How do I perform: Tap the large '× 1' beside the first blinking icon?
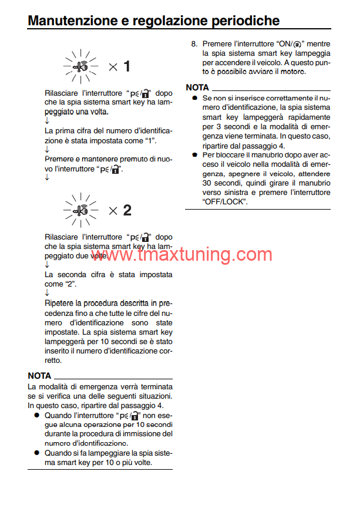coord(119,66)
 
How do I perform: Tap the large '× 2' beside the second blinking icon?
coord(119,210)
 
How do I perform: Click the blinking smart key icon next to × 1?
coord(81,66)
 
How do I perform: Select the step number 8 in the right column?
coord(194,44)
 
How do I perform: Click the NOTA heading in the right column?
coord(197,87)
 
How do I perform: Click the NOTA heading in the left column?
coord(39,376)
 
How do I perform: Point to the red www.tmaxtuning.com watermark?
coord(189,255)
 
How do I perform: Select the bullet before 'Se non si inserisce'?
coord(194,99)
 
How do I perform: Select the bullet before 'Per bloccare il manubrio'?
coord(194,155)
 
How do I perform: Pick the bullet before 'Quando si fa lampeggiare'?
coord(36,453)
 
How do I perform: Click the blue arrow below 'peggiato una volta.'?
coord(47,120)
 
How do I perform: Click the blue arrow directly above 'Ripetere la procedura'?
coord(47,292)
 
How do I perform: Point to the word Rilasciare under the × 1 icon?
coord(61,93)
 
